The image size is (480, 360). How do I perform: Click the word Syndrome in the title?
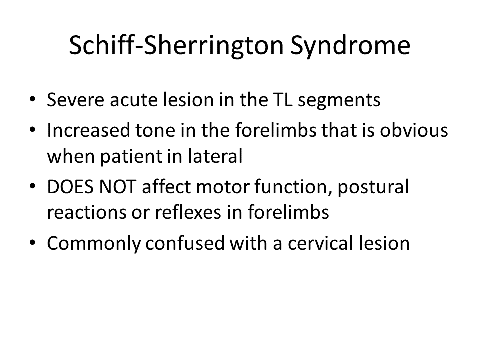pyautogui.click(x=350, y=46)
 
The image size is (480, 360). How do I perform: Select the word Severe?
pyautogui.click(x=75, y=100)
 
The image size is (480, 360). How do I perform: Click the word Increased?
pyautogui.click(x=88, y=130)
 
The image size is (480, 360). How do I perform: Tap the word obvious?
pyautogui.click(x=414, y=130)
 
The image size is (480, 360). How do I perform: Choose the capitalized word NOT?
pyautogui.click(x=118, y=187)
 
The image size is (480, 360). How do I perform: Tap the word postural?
pyautogui.click(x=373, y=188)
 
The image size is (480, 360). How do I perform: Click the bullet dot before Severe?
pyautogui.click(x=33, y=100)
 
